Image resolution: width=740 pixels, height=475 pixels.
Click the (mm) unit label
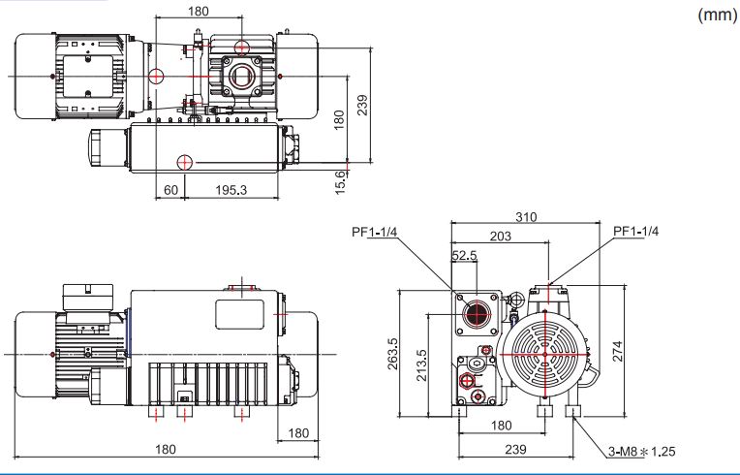[717, 16]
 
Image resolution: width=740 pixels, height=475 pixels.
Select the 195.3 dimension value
[231, 190]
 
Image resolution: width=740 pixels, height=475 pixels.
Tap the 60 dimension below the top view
[170, 190]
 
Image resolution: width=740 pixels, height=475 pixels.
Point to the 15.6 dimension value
[340, 182]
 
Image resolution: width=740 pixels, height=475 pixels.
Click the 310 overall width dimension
[526, 217]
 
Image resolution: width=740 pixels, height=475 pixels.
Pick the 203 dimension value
[500, 236]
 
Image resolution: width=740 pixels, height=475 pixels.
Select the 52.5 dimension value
[464, 256]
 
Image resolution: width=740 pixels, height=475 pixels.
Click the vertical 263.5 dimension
[392, 354]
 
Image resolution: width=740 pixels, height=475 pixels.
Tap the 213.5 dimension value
[421, 365]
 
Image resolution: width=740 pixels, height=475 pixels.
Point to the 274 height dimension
[617, 351]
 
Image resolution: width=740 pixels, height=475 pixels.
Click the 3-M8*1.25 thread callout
[641, 452]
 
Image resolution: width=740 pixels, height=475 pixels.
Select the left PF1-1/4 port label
[375, 232]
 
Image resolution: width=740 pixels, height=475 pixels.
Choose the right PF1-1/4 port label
[635, 231]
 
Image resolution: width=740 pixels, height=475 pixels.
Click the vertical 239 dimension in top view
[362, 105]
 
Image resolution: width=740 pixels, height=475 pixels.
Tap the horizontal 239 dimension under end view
[515, 449]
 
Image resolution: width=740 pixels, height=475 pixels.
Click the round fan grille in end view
[545, 354]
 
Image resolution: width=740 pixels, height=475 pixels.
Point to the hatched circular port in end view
[476, 313]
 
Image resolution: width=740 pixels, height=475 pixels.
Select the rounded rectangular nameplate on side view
[240, 314]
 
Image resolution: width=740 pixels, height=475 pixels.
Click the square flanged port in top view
[242, 76]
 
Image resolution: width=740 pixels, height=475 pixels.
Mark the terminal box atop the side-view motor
[88, 298]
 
